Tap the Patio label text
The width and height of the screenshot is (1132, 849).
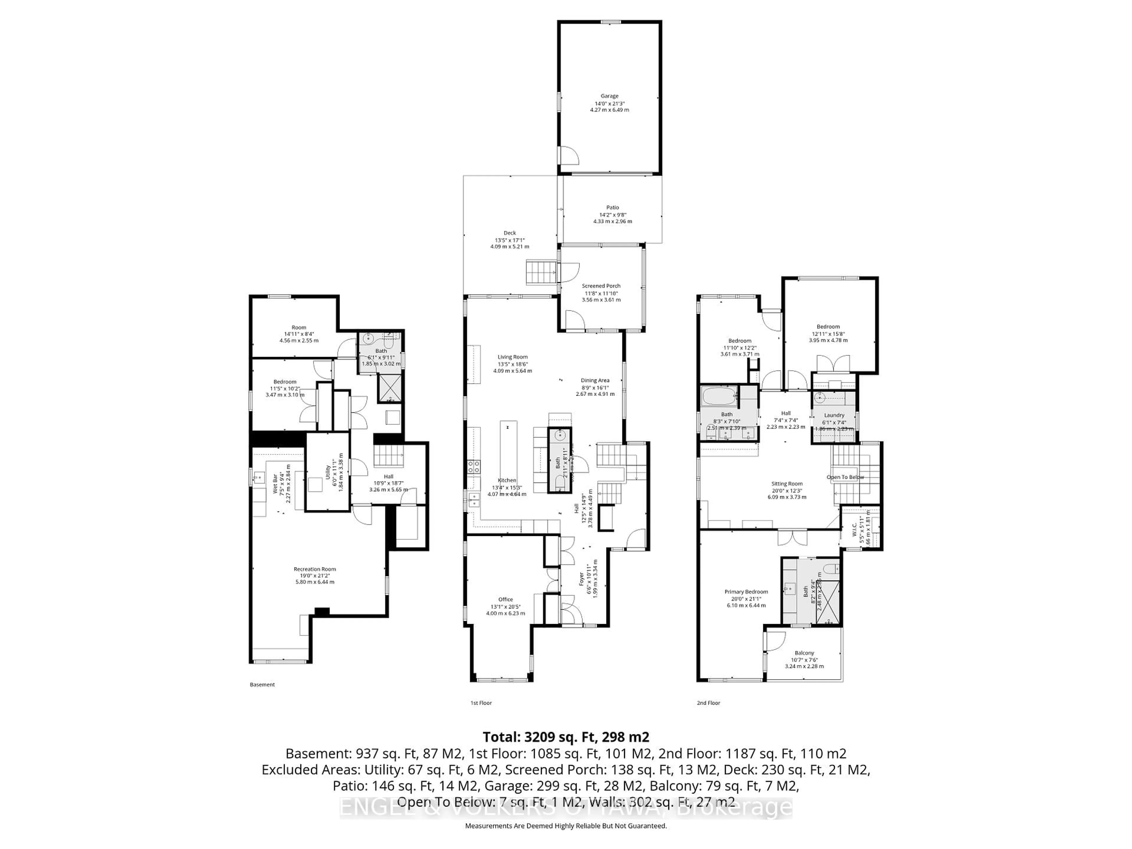coord(613,208)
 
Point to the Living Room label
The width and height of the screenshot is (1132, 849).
coord(512,357)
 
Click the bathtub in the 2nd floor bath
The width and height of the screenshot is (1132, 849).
coord(719,396)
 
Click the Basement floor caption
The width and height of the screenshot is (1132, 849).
coord(262,684)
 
